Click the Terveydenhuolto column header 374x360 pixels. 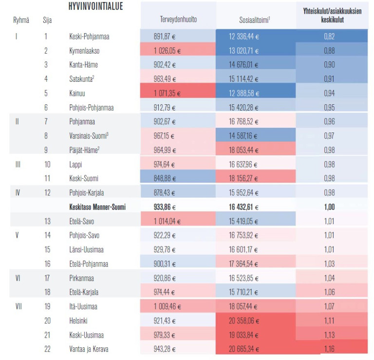click(x=178, y=19)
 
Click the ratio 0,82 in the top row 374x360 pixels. click(x=329, y=36)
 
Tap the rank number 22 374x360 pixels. click(x=46, y=349)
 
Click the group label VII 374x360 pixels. click(x=18, y=307)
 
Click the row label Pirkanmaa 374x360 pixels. click(x=82, y=278)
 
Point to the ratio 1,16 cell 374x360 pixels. click(x=329, y=349)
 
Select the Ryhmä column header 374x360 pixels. click(x=21, y=20)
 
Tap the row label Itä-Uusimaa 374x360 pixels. click(x=83, y=307)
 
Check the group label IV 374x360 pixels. click(x=18, y=192)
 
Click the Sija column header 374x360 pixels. click(x=47, y=20)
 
